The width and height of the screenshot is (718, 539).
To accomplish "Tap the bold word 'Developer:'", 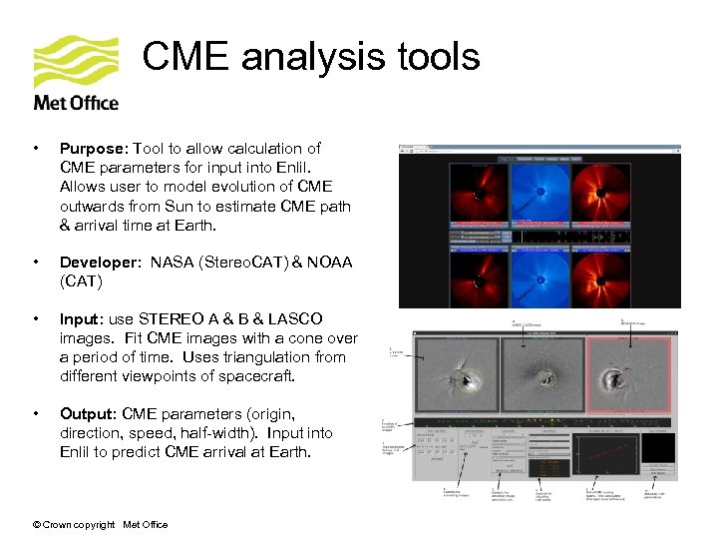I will pyautogui.click(x=101, y=263).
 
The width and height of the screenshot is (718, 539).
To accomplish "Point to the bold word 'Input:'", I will pyautogui.click(x=80, y=319).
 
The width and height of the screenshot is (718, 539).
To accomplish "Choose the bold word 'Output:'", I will pyautogui.click(x=86, y=414).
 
